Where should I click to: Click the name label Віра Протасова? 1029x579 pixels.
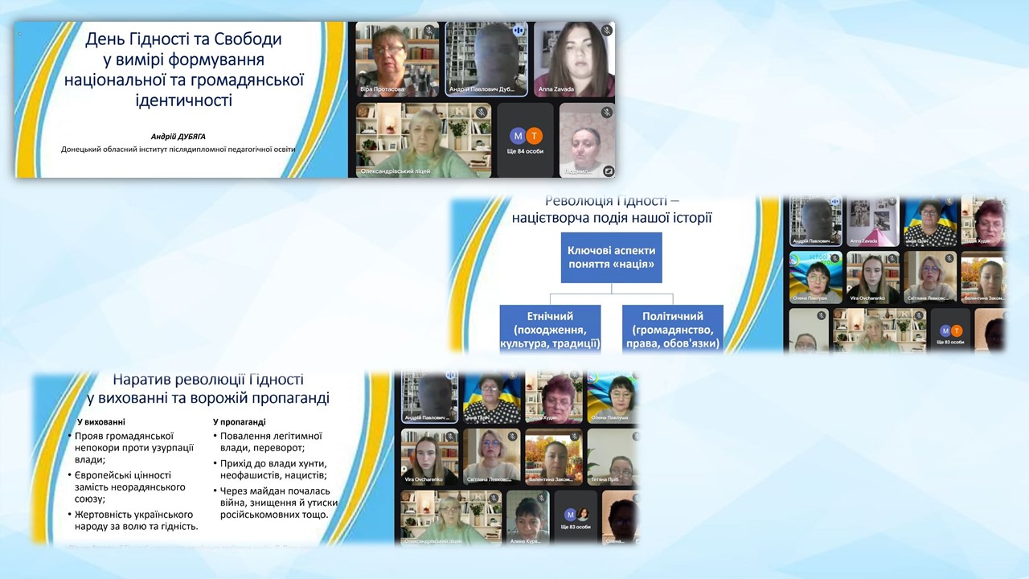click(383, 89)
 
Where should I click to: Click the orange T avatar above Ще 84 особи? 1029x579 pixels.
click(534, 136)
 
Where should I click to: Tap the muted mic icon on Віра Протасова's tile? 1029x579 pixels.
click(428, 31)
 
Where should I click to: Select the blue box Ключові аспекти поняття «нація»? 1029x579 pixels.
click(611, 258)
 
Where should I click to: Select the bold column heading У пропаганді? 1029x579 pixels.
click(240, 421)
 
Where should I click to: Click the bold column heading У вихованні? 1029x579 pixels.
click(101, 421)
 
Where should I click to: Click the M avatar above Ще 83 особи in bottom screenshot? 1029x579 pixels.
click(570, 515)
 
